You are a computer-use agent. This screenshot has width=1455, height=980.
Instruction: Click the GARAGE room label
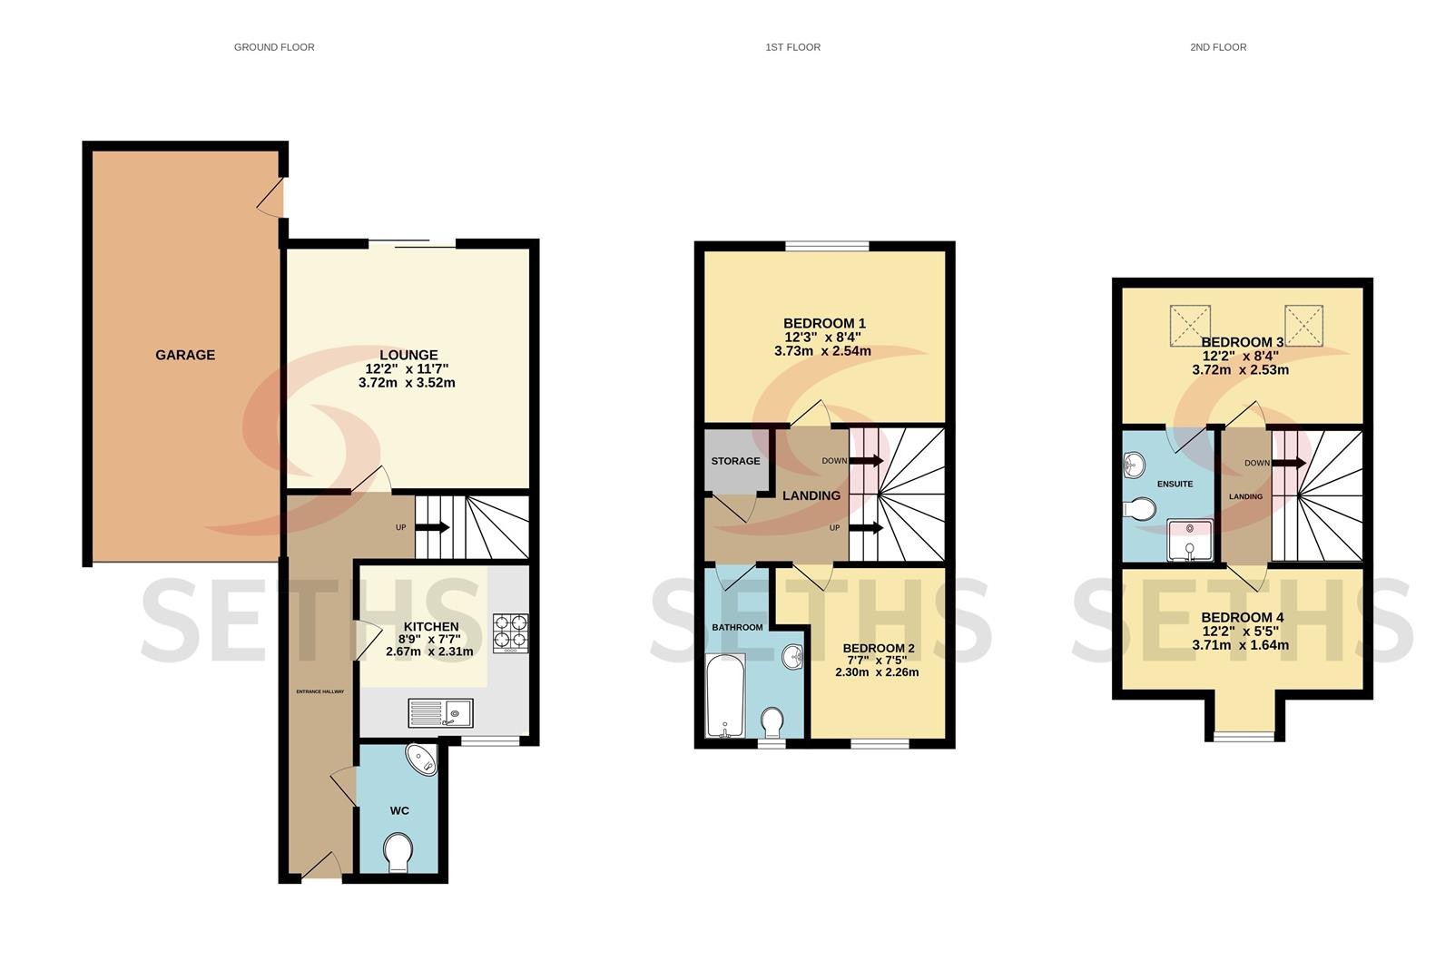[185, 355]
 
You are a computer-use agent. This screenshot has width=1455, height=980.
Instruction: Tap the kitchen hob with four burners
[510, 633]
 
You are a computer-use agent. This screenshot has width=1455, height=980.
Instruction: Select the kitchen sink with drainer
[440, 713]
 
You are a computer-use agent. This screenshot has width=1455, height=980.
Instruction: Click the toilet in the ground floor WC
[398, 853]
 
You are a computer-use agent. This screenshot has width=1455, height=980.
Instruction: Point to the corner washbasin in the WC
[424, 759]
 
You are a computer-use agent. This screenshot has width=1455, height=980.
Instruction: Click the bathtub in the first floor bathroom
[725, 696]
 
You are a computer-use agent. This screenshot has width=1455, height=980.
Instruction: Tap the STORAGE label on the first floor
[735, 461]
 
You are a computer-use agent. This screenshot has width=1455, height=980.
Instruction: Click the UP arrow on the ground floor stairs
[432, 527]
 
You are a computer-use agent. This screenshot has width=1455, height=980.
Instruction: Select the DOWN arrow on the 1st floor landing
[867, 460]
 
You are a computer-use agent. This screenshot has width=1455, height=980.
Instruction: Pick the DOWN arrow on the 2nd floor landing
[1289, 463]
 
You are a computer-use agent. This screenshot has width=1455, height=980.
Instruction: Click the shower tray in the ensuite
[1190, 540]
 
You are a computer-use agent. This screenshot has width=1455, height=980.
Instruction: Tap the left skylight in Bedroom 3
[1190, 326]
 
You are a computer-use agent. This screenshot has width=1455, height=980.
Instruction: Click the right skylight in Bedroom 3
[1303, 326]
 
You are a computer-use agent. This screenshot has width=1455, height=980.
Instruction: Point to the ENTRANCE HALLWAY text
[320, 691]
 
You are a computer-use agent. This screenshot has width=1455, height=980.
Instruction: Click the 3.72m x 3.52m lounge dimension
[407, 383]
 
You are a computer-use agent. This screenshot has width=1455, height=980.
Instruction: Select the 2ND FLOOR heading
[1218, 47]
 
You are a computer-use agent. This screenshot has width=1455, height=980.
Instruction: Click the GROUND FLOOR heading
[274, 47]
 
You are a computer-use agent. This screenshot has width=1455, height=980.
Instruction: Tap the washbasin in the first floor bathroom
[792, 657]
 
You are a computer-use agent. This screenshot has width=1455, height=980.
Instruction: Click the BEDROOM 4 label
[1242, 618]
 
